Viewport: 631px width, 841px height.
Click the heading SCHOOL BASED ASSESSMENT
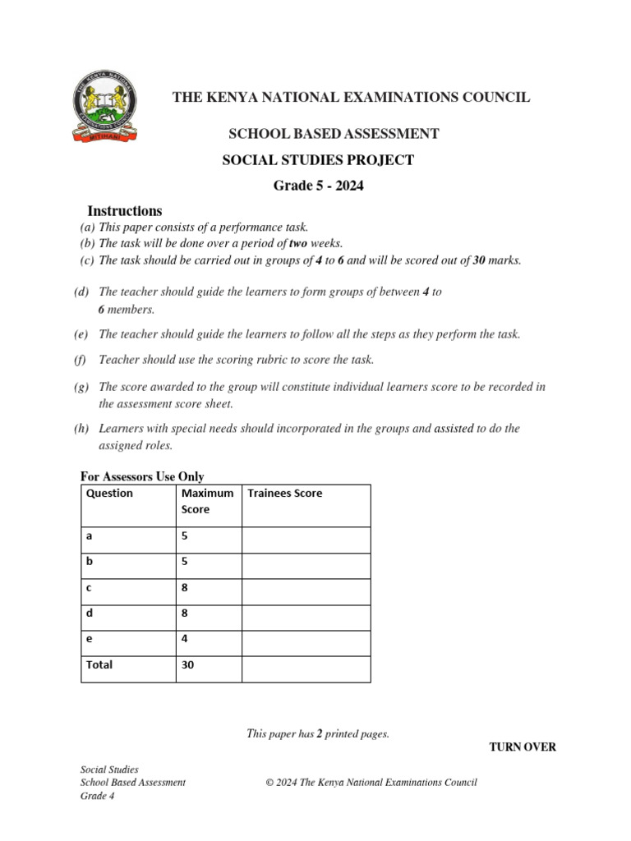(x=333, y=134)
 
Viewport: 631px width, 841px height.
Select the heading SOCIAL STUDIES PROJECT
(x=318, y=160)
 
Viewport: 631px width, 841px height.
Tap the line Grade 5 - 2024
(x=318, y=186)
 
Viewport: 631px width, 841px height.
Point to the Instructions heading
(x=125, y=211)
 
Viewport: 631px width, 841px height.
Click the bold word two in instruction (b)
(x=297, y=243)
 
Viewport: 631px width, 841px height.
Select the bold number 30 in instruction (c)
(x=480, y=260)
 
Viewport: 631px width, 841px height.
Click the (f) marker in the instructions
(x=80, y=360)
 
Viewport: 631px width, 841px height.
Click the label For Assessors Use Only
(x=141, y=476)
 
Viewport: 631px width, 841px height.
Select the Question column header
(x=109, y=494)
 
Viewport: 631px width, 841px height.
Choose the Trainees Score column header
(x=285, y=494)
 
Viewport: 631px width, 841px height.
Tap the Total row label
(x=99, y=665)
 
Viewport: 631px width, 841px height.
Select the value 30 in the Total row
(x=188, y=665)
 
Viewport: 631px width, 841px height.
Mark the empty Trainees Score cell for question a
(x=306, y=540)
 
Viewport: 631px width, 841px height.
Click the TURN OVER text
(x=523, y=747)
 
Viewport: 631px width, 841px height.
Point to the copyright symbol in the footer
(x=269, y=783)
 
